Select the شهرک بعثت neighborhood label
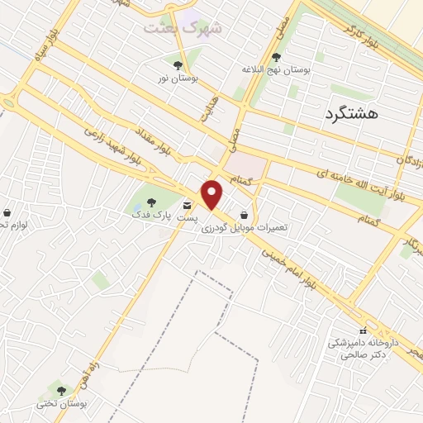tap(183, 27)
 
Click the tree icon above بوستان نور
tap(178, 65)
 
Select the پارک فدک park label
tap(150, 215)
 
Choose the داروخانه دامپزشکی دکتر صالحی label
tap(363, 348)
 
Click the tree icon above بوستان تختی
tap(60, 388)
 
